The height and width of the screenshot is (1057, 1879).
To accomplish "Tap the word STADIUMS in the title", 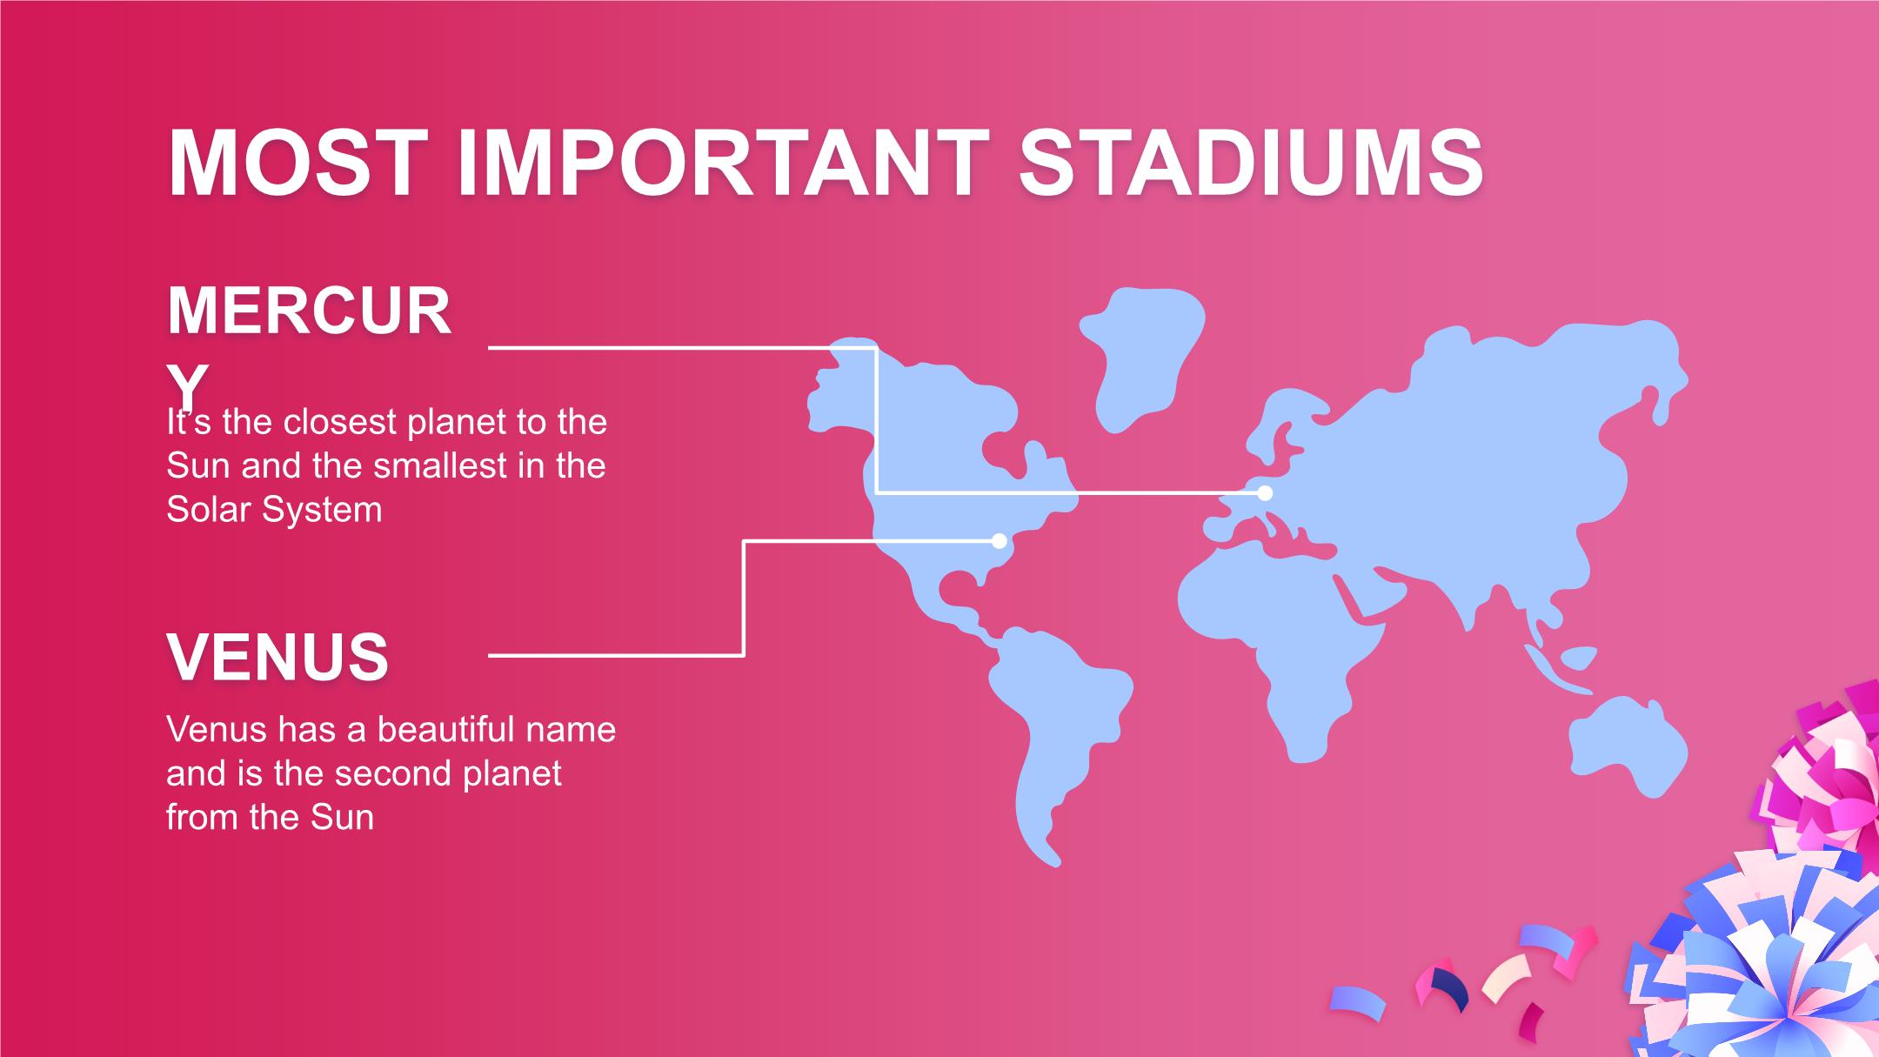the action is point(1251,164).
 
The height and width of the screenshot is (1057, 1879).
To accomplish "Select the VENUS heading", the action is point(278,658).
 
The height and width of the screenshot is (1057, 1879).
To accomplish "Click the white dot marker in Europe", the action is point(1265,493).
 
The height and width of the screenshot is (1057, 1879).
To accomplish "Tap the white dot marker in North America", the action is point(1000,541).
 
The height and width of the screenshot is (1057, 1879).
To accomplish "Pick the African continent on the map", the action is point(1279,644).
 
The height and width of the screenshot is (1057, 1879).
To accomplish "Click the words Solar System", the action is point(274,510).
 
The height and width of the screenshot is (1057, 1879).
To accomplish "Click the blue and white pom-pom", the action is point(1766,966).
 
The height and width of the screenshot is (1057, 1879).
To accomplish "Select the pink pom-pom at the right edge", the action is point(1827,774).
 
